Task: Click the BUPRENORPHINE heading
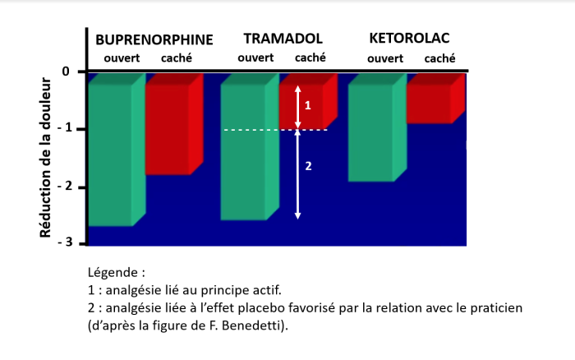(154, 39)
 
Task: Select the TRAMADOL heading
(283, 39)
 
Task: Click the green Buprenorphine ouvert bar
(110, 152)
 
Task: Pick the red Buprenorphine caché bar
(168, 127)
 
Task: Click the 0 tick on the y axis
(67, 72)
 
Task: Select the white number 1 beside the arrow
(308, 105)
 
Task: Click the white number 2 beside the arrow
(308, 166)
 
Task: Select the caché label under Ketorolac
(439, 58)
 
